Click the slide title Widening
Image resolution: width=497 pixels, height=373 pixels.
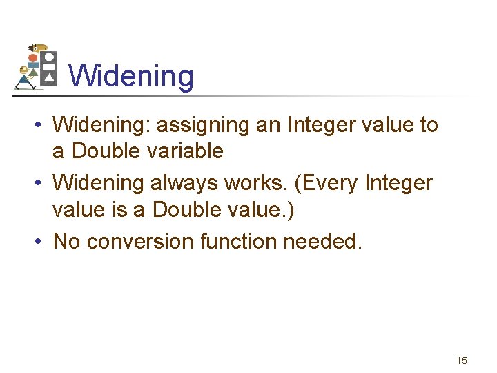[x=131, y=76]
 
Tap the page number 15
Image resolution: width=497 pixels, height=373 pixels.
[x=462, y=361]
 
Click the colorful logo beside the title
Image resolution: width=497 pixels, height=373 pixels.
[x=36, y=67]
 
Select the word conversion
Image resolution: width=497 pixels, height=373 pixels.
[x=140, y=242]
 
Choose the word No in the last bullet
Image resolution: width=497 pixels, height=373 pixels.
[x=66, y=242]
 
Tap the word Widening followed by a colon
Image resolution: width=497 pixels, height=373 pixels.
[x=101, y=125]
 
